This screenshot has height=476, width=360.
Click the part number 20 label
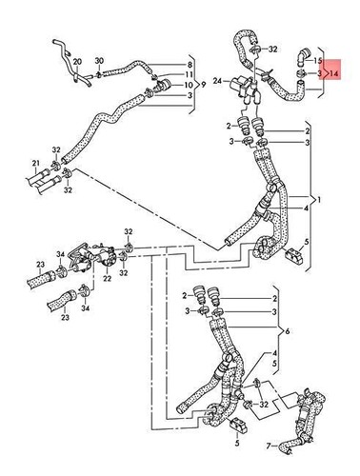pyautogui.click(x=78, y=59)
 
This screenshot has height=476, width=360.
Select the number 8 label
pyautogui.click(x=190, y=64)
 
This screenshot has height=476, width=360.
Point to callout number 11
pyautogui.click(x=190, y=74)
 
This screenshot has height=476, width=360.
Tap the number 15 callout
pyautogui.click(x=318, y=59)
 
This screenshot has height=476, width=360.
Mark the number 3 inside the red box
pyautogui.click(x=318, y=71)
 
